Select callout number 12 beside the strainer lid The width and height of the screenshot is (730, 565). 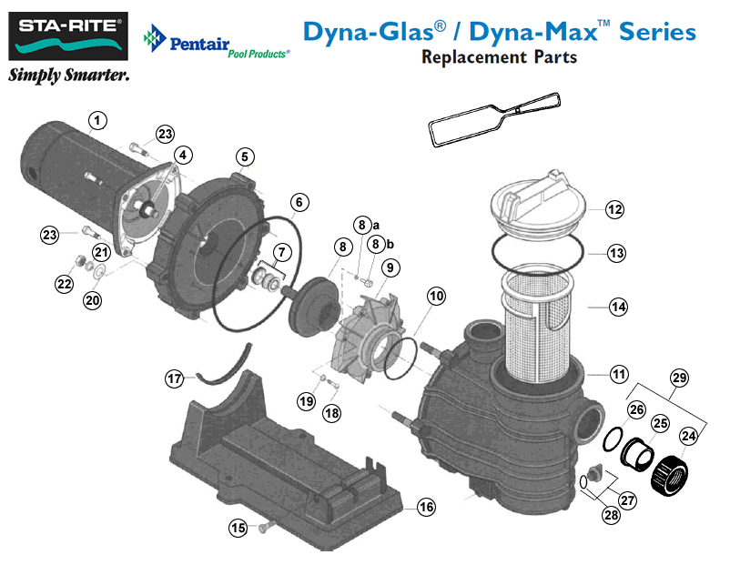point(615,209)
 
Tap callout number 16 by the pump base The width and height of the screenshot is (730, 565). point(424,507)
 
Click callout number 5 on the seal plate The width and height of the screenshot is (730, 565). point(245,156)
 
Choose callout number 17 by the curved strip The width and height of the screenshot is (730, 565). point(174,377)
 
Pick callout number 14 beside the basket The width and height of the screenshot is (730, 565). point(618,307)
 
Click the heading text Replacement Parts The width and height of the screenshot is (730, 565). point(499,57)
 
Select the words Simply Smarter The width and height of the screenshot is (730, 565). point(68,76)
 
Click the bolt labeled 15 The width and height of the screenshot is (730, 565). point(266,526)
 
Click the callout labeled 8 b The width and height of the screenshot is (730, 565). point(375,244)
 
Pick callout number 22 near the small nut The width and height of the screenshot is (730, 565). point(64,285)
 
